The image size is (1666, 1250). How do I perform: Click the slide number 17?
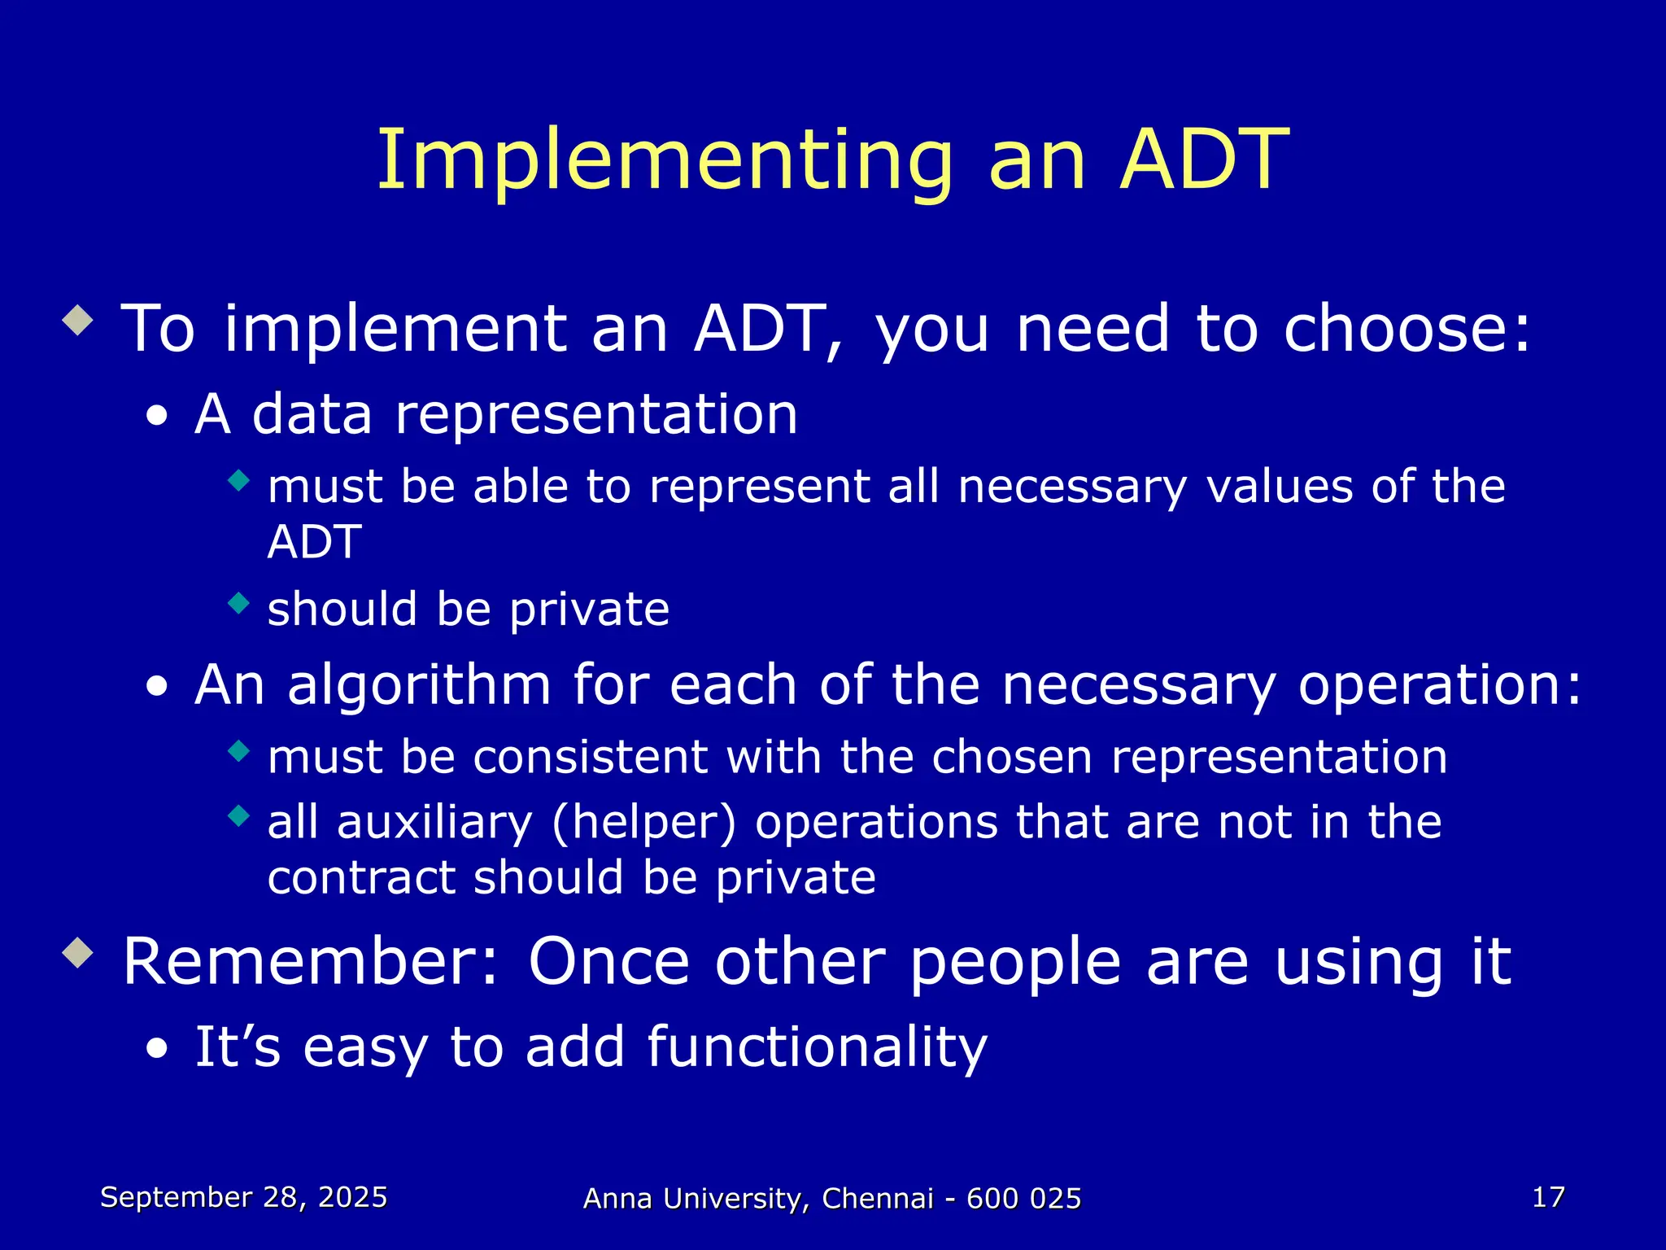[1548, 1197]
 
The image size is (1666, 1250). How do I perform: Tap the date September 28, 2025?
[243, 1197]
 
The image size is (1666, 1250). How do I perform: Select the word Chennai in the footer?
[878, 1199]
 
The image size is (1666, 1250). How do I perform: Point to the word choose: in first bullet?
[1407, 328]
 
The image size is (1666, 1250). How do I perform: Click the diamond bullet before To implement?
[78, 320]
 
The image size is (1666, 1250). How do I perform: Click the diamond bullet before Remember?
[78, 952]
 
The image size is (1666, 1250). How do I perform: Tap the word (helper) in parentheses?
[643, 822]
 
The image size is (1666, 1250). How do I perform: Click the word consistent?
[590, 757]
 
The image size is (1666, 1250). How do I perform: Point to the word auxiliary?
[434, 822]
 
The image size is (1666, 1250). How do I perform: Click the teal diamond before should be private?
[238, 603]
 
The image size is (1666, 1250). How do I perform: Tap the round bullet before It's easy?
[157, 1050]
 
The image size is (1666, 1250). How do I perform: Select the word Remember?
[310, 962]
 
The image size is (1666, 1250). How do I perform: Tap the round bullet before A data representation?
[157, 417]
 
